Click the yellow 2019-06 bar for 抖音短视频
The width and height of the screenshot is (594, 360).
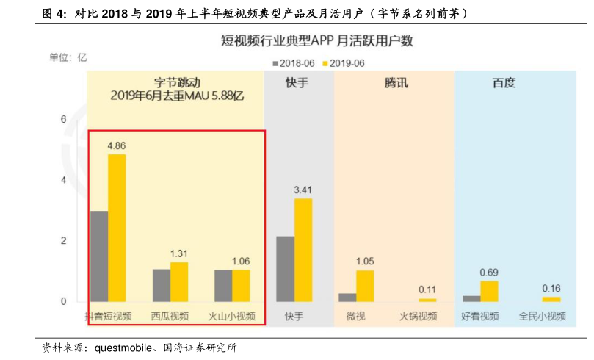117,228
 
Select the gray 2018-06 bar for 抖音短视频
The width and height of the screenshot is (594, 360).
99,256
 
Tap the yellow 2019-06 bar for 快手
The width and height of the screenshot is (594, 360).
303,250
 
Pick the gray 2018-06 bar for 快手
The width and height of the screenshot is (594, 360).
286,269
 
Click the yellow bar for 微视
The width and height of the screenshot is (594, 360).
365,286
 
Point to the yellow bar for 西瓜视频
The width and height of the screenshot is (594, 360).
179,281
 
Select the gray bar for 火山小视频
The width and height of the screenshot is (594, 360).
223,285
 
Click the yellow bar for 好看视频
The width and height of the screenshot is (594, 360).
489,291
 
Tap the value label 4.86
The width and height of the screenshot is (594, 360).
117,145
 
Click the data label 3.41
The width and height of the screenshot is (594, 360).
303,190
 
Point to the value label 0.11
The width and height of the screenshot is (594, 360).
427,289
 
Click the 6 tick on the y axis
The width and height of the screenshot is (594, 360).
64,119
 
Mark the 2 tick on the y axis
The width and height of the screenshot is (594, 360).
64,241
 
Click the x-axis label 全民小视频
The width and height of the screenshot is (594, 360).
543,317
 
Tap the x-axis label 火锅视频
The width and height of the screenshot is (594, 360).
418,317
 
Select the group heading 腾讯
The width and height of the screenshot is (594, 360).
396,83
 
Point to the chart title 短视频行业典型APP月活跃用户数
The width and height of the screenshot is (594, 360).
317,41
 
